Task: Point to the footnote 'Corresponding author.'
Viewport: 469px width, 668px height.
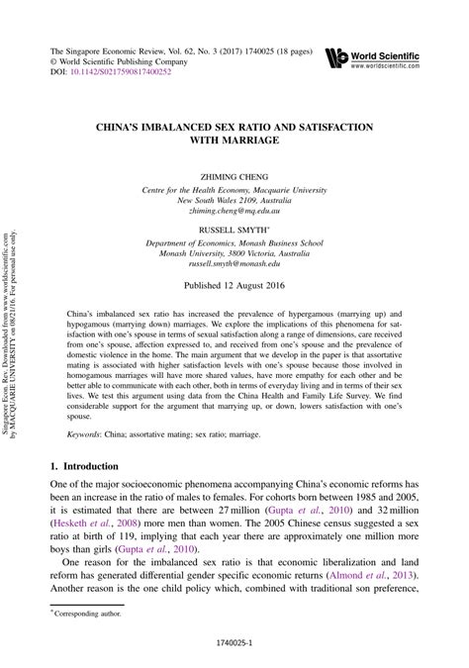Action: coord(88,615)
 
